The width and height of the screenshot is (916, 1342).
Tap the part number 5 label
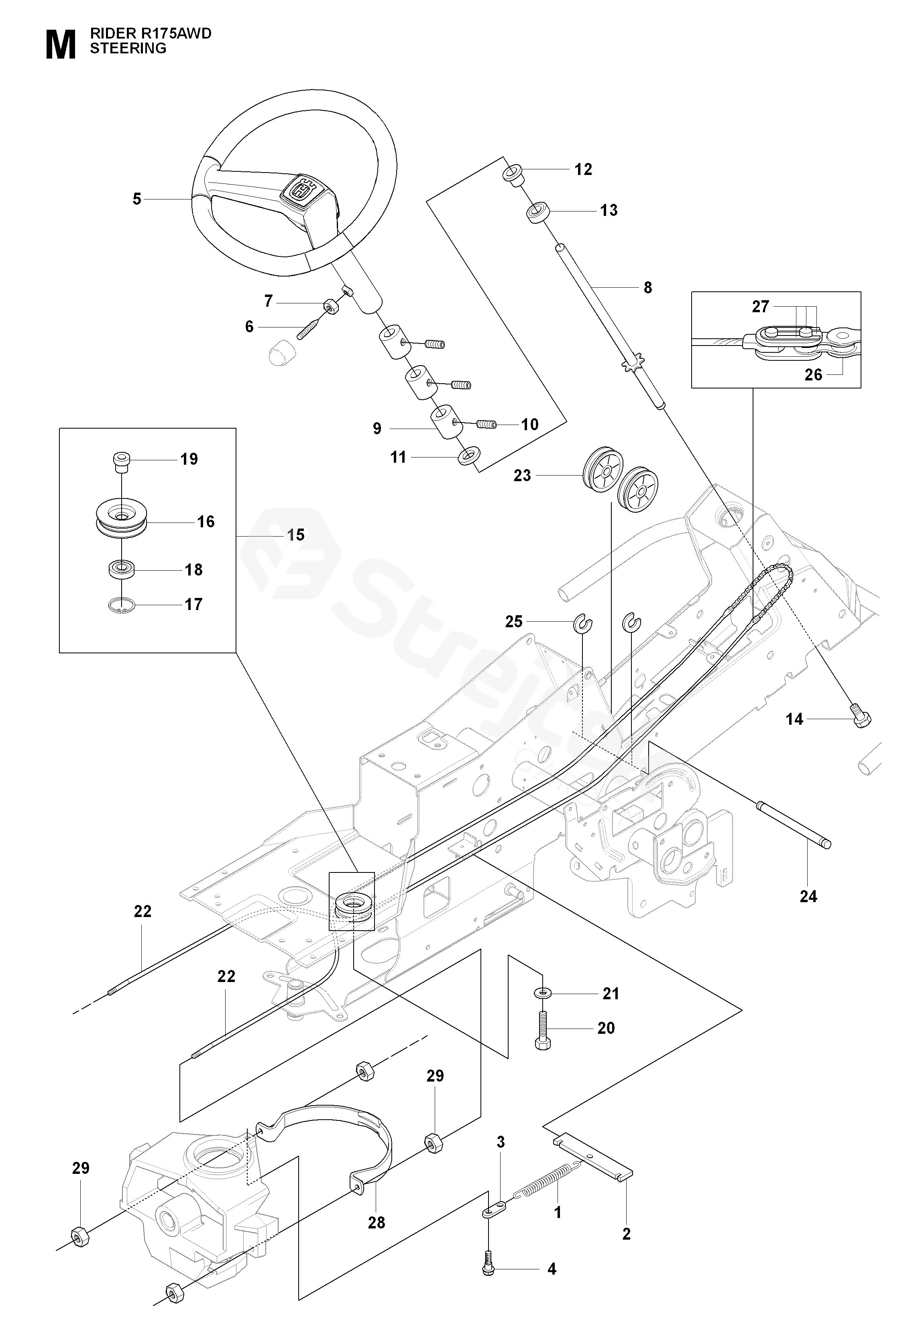(137, 199)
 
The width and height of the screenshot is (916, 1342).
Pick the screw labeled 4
(489, 1267)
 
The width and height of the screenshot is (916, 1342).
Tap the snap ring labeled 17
(121, 605)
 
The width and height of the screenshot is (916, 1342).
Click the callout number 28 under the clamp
(377, 1222)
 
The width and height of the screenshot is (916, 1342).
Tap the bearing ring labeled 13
(538, 210)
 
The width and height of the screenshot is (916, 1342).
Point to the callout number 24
(808, 896)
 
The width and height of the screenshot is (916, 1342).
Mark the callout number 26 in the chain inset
(813, 375)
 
